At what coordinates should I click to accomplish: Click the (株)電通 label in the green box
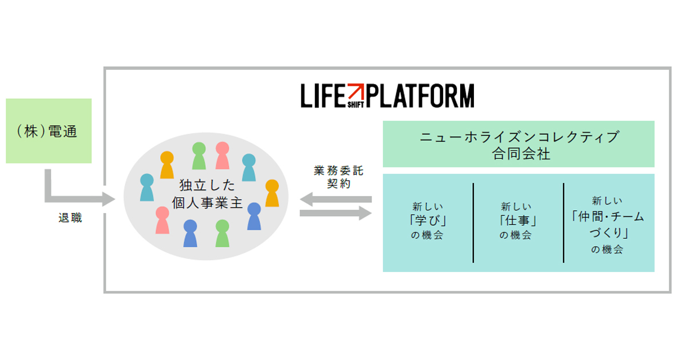click(47, 131)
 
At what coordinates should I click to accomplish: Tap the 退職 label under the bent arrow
click(70, 218)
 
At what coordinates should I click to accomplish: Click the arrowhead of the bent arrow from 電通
click(109, 199)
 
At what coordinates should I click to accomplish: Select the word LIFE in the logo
click(323, 96)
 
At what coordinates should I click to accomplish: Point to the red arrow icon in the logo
click(356, 91)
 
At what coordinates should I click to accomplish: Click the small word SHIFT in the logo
click(356, 105)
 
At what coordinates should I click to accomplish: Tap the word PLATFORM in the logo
click(420, 96)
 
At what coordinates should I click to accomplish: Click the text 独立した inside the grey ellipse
click(207, 185)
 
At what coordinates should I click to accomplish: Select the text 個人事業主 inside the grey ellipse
click(208, 203)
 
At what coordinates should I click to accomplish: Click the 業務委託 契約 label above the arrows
click(338, 177)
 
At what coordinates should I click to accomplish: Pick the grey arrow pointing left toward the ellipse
click(336, 199)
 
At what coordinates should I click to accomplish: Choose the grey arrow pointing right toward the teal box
click(336, 213)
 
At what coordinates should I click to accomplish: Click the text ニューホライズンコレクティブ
click(520, 137)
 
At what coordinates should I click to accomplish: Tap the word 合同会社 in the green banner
click(521, 154)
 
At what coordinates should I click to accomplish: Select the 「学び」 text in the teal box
click(428, 221)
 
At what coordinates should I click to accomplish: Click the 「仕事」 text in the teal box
click(517, 221)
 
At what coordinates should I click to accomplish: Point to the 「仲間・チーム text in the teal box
click(608, 217)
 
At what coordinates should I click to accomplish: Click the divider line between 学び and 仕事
click(473, 223)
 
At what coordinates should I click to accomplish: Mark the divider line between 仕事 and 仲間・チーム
click(564, 223)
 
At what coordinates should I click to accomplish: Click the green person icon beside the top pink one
click(199, 156)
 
